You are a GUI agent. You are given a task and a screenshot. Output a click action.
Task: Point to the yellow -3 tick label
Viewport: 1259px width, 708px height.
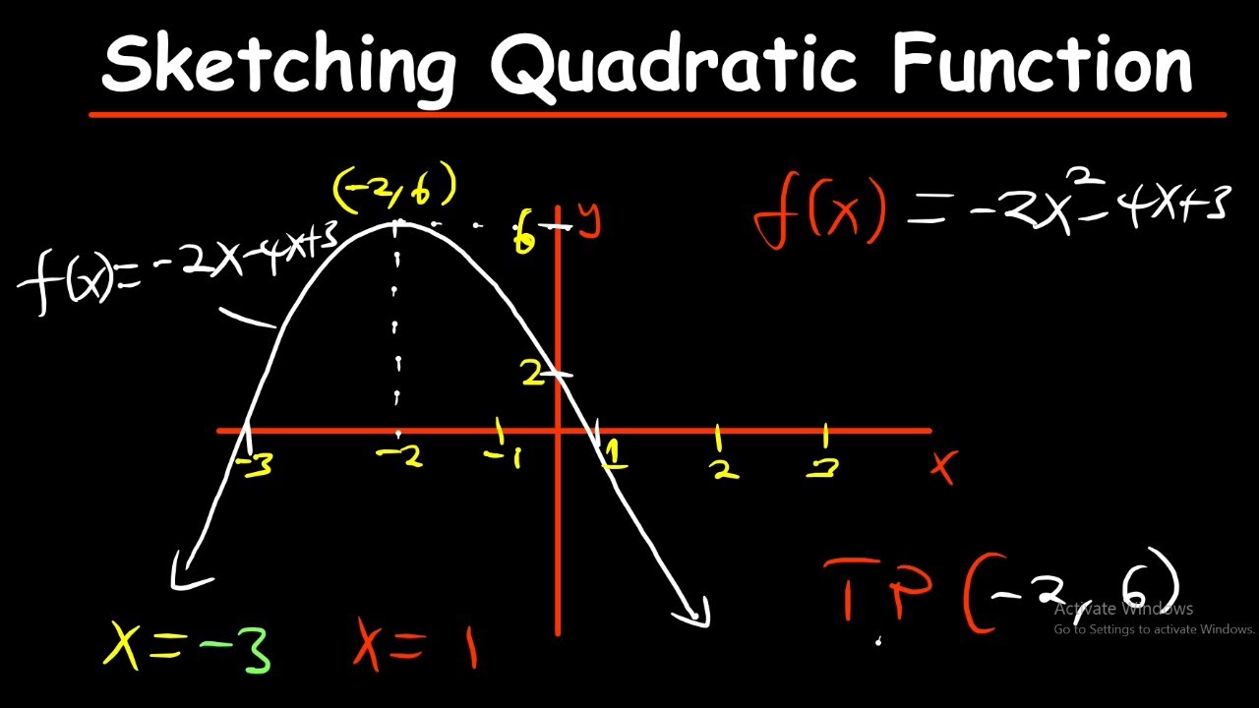255,464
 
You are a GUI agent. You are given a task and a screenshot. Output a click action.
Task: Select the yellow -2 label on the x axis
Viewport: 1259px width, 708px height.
400,455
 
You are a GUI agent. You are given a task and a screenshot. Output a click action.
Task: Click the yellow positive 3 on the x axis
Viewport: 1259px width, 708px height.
822,469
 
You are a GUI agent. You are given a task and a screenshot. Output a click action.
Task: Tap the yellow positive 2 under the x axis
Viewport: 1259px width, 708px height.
725,471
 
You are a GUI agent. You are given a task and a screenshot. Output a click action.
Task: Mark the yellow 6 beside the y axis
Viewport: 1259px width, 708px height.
524,237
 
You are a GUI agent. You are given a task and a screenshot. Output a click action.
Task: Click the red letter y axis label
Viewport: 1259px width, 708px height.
589,221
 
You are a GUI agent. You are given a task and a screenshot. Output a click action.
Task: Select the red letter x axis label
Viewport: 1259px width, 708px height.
943,466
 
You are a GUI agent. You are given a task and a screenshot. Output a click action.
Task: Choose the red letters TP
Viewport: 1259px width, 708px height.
876,590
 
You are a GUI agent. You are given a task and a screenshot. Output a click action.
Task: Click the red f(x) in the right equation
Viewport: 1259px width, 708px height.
820,211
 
